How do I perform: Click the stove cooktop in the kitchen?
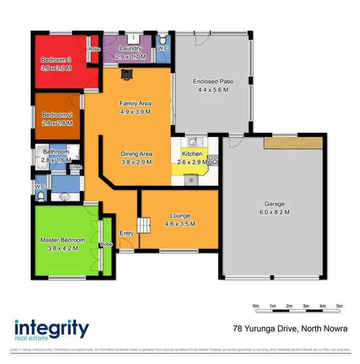[x=213, y=160]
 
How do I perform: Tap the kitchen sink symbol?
[x=194, y=142]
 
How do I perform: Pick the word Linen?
[x=76, y=167]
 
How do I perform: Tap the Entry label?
[x=127, y=233]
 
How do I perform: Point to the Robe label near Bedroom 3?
[x=93, y=49]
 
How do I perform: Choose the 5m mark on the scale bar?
[x=339, y=305]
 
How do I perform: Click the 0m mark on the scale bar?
[x=256, y=305]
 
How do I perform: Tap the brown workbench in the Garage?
[x=292, y=143]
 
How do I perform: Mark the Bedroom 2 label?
[x=57, y=119]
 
